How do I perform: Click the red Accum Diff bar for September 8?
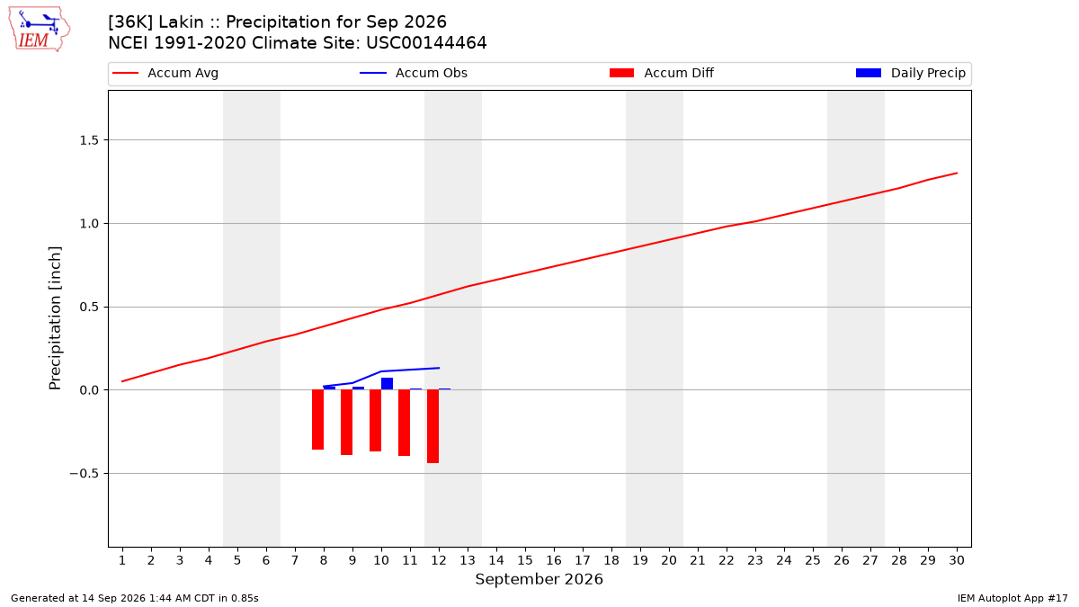click(318, 420)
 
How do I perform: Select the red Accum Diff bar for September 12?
click(433, 426)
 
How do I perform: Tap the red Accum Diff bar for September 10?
click(375, 421)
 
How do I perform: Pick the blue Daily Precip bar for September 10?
click(387, 384)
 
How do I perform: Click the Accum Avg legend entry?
click(165, 73)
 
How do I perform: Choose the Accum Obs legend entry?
click(414, 73)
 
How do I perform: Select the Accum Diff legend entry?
click(662, 73)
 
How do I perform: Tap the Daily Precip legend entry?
click(911, 73)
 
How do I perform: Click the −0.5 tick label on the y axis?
click(85, 474)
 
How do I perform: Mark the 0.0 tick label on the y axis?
click(89, 390)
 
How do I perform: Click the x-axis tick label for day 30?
click(957, 560)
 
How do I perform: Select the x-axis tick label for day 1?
click(122, 560)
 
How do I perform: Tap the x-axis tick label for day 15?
click(525, 560)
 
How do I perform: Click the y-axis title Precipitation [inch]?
click(55, 318)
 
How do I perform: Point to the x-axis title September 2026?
click(539, 579)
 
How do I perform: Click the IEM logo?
click(39, 30)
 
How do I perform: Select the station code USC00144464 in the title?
click(426, 43)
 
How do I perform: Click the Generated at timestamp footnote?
click(134, 598)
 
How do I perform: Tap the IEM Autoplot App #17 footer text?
click(1012, 598)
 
